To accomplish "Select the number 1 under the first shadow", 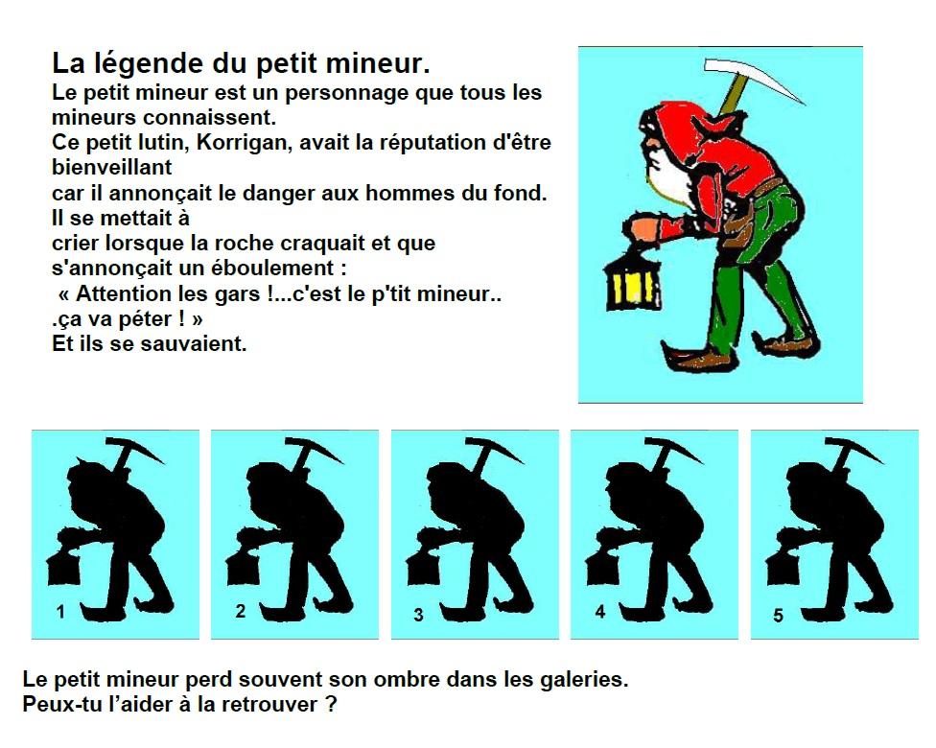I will [x=60, y=611].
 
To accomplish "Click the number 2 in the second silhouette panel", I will [x=240, y=611].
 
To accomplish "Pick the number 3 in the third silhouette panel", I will [x=419, y=616].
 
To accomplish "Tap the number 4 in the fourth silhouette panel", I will [x=600, y=611].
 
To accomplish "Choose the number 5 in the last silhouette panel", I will [x=778, y=616].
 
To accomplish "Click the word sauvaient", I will [x=198, y=343].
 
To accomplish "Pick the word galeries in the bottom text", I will [x=576, y=680].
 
